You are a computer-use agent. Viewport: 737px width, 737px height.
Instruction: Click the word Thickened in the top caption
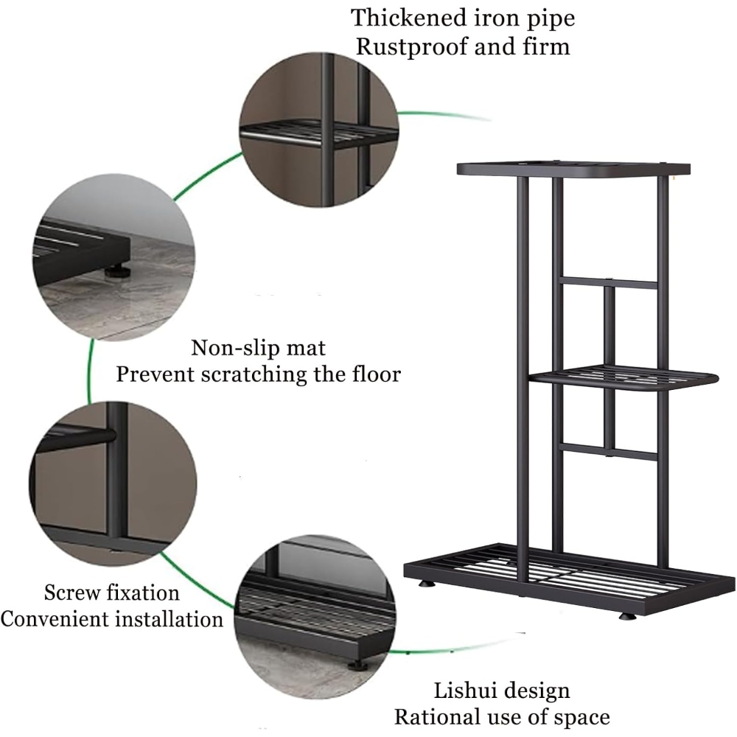click(x=408, y=18)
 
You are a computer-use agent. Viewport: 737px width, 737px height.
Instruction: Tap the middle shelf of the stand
click(x=624, y=378)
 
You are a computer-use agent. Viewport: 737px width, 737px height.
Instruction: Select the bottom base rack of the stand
click(x=570, y=579)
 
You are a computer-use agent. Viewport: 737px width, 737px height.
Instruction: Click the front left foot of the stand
click(x=427, y=584)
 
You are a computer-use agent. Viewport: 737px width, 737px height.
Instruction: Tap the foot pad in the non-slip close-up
click(x=114, y=271)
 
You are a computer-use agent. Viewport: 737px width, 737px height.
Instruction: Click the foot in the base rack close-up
click(x=355, y=665)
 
